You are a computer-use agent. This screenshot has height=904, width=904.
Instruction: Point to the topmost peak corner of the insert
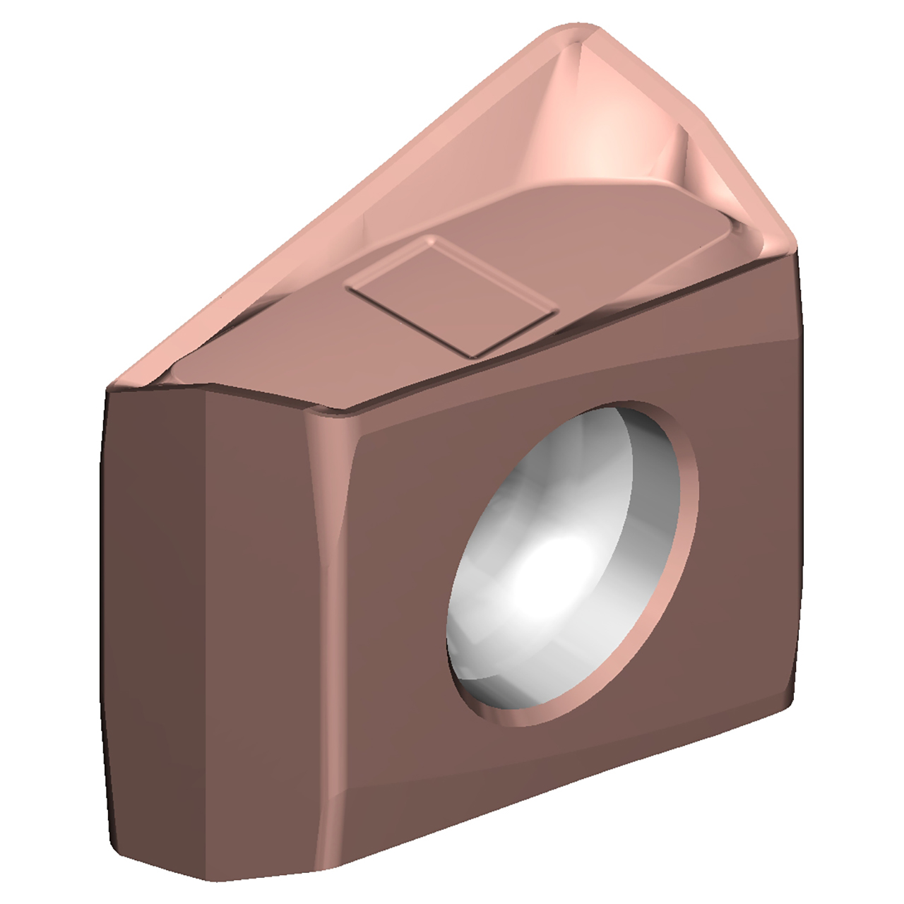(579, 30)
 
